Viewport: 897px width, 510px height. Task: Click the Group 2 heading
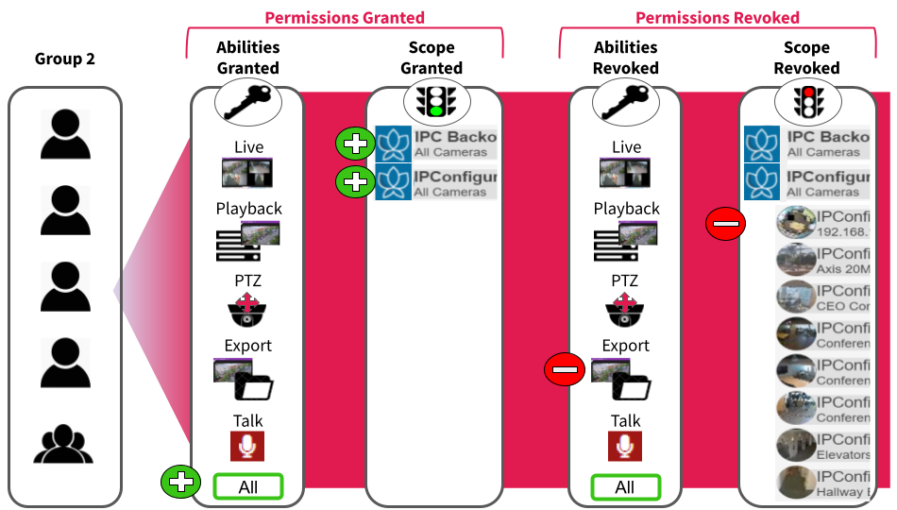[x=65, y=59]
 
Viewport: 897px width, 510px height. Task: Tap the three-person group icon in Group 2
[x=65, y=443]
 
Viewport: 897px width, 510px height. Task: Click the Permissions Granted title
[x=345, y=17]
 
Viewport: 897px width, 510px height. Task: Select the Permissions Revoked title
[x=718, y=17]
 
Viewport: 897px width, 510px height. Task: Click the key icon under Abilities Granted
[x=247, y=102]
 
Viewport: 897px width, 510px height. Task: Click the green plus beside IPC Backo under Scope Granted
[x=355, y=144]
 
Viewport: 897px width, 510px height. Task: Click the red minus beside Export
[x=565, y=369]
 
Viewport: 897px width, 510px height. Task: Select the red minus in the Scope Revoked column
[x=726, y=224]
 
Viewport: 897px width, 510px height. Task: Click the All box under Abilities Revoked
[x=625, y=487]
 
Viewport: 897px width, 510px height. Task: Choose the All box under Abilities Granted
[x=248, y=487]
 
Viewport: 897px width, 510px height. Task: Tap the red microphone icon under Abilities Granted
[x=247, y=446]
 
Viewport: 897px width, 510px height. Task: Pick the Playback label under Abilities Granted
[x=248, y=209]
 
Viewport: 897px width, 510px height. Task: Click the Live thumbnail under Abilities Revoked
[x=624, y=172]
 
